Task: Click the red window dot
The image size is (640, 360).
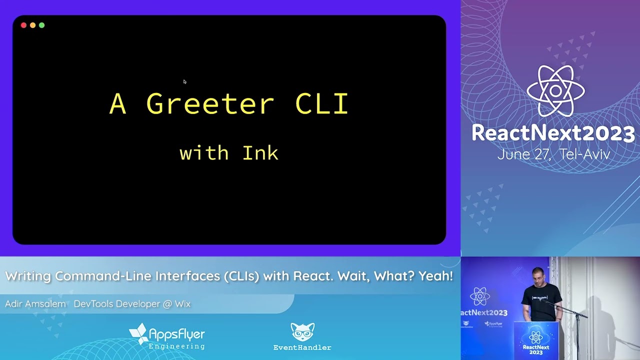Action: coord(23,25)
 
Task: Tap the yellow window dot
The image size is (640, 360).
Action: coord(32,25)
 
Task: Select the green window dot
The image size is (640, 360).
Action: coord(41,25)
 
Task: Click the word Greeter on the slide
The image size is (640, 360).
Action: coord(210,104)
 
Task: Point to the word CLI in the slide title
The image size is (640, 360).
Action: coord(321,104)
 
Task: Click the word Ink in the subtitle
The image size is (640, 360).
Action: coord(260,153)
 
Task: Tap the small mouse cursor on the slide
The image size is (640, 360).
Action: coord(184,81)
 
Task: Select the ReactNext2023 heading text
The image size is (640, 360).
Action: coord(553,133)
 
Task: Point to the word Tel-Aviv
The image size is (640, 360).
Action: coord(585,154)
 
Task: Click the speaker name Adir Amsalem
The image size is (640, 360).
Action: coord(35,304)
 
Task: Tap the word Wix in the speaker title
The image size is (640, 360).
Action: coord(182,304)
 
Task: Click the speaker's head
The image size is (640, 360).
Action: coord(538,275)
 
